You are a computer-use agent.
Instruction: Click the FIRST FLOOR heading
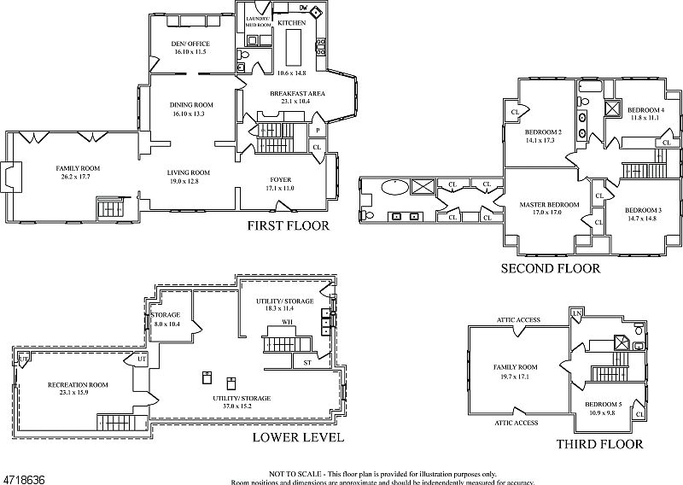[x=287, y=226]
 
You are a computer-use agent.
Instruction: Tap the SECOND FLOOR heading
[x=550, y=268]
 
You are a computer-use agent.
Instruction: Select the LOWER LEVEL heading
[x=298, y=438]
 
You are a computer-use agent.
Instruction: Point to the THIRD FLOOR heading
[x=599, y=444]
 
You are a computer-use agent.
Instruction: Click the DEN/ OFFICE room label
[x=190, y=44]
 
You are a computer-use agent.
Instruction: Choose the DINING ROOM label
[x=188, y=104]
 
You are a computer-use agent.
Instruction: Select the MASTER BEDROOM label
[x=549, y=205]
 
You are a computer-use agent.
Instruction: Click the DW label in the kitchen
[x=304, y=9]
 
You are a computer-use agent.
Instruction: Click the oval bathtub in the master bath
[x=394, y=186]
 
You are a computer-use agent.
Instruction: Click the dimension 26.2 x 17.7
[x=78, y=178]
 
